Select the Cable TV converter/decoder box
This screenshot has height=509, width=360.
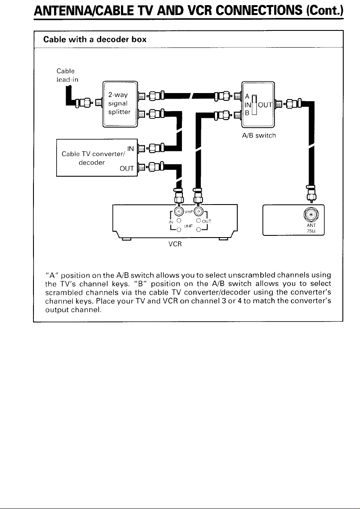pyautogui.click(x=97, y=158)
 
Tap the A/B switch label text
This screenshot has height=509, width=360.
pyautogui.click(x=259, y=136)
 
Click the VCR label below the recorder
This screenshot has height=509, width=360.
pyautogui.click(x=175, y=244)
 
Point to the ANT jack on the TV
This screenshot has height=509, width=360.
pyautogui.click(x=311, y=214)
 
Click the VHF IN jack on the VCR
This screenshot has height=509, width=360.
pyautogui.click(x=178, y=212)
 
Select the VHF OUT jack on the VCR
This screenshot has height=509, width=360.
pyautogui.click(x=199, y=212)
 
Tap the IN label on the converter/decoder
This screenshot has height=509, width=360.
pyautogui.click(x=130, y=149)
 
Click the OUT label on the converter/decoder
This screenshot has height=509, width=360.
pyautogui.click(x=127, y=169)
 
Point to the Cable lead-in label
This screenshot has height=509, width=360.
pyautogui.click(x=67, y=75)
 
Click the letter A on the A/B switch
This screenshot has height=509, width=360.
pyautogui.click(x=247, y=96)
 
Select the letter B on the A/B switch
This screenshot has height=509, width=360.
pyautogui.click(x=247, y=113)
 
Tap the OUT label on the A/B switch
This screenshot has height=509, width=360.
pyautogui.click(x=265, y=105)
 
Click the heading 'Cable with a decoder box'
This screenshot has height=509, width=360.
pyautogui.click(x=95, y=39)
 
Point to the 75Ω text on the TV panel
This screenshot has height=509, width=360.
pyautogui.click(x=311, y=231)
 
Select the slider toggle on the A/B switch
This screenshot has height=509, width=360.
pyautogui.click(x=255, y=105)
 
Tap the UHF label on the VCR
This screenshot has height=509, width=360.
pyautogui.click(x=188, y=225)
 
